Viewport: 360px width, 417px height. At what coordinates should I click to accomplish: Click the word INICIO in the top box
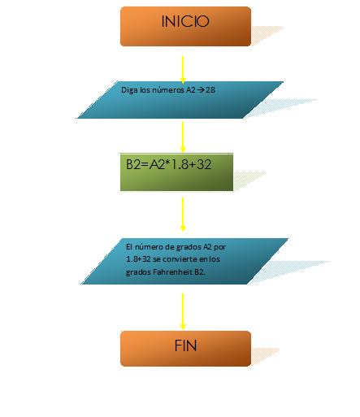pos(185,21)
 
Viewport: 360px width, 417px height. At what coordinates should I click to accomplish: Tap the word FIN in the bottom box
pos(185,345)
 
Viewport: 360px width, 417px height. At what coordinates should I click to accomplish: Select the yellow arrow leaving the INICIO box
pos(183,70)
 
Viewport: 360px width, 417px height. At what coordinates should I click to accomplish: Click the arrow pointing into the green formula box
pos(183,137)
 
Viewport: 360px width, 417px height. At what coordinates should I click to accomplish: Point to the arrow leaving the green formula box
pos(183,215)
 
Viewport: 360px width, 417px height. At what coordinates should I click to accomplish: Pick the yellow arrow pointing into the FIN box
pos(183,311)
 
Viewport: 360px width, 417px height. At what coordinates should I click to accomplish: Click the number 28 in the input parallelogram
pos(210,90)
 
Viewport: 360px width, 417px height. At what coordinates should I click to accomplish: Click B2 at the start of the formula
pos(133,164)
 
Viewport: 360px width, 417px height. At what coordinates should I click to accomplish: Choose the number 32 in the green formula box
pos(204,164)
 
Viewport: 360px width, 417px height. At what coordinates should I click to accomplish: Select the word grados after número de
pos(189,247)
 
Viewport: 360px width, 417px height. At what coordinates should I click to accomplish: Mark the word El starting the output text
pos(129,246)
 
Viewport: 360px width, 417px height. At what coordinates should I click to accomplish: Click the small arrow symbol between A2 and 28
pos(201,90)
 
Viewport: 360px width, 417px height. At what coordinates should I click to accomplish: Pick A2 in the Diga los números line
pos(191,90)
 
